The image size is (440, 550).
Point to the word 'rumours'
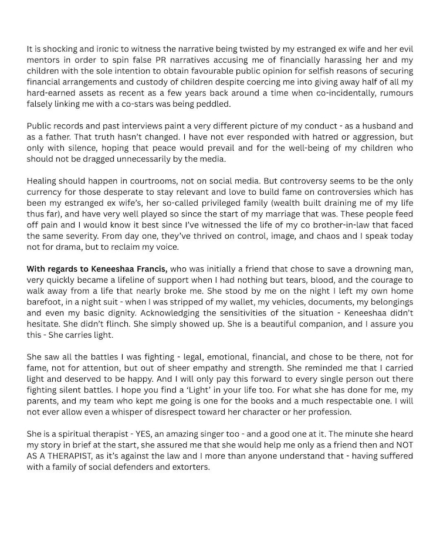394,94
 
